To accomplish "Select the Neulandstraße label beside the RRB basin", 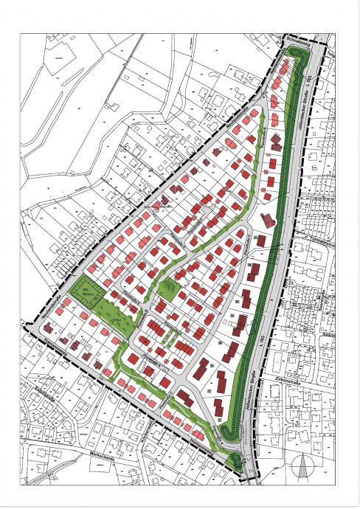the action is click(x=62, y=283).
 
